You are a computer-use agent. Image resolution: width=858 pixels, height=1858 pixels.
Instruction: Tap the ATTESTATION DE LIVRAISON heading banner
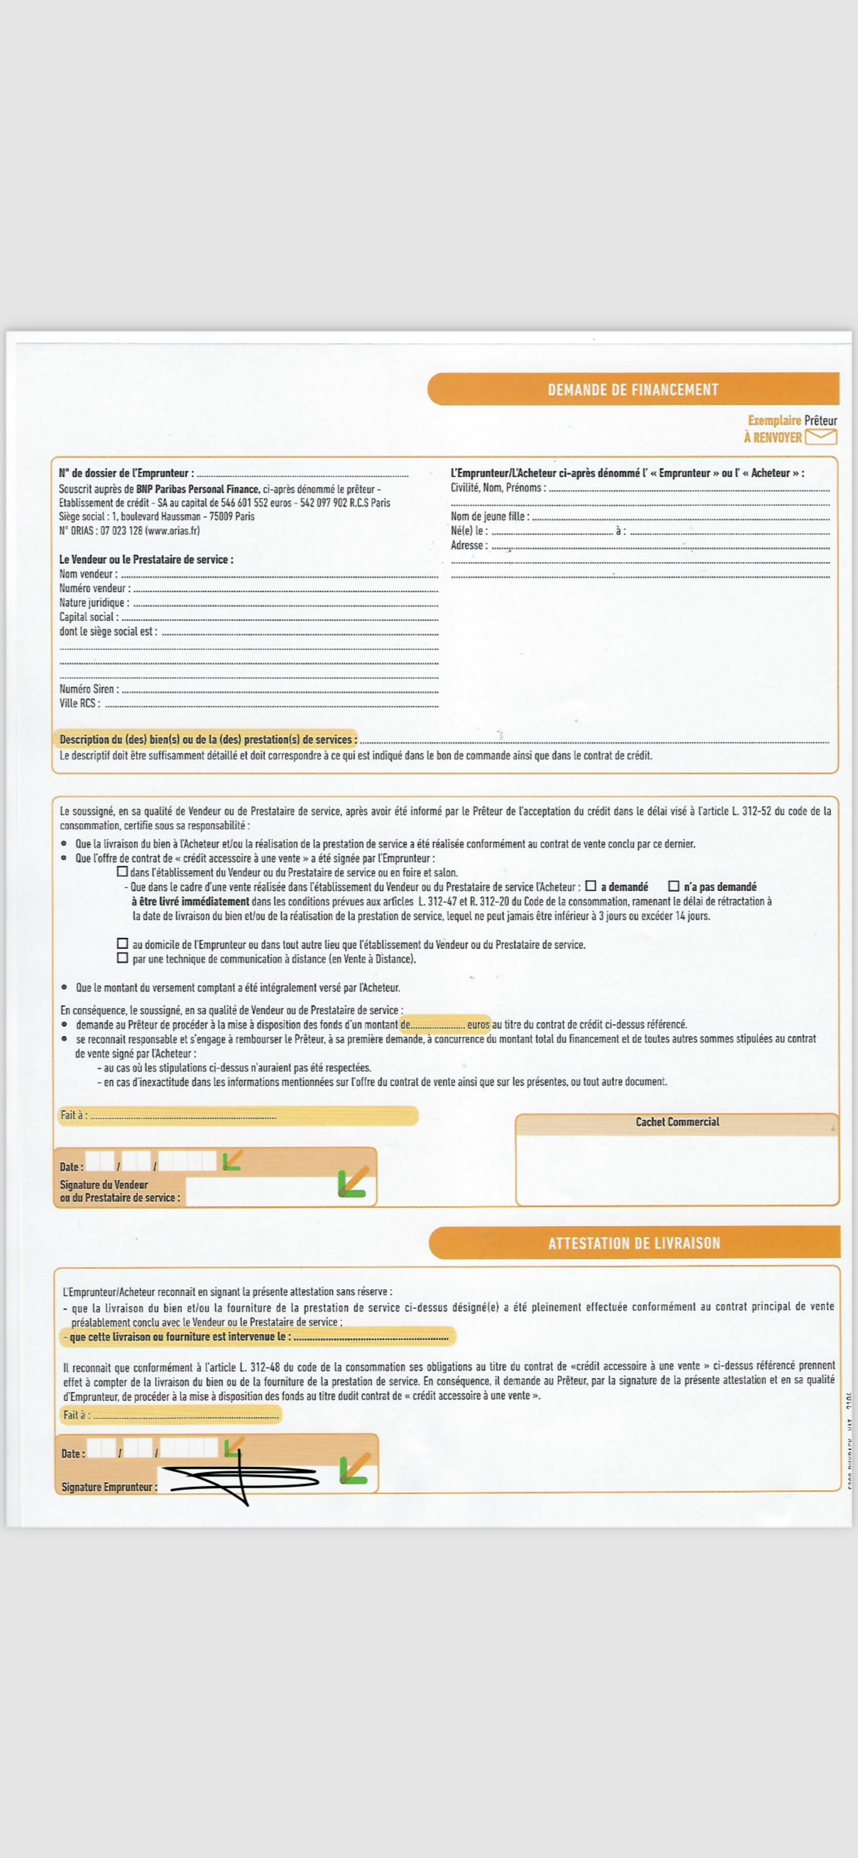coord(634,1243)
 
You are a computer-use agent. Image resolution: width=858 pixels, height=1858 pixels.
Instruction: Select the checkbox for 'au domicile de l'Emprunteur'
coord(123,944)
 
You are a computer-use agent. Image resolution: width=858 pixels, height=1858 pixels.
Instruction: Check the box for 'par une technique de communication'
coord(123,958)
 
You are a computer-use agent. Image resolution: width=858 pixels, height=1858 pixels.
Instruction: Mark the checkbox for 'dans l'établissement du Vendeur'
coord(123,871)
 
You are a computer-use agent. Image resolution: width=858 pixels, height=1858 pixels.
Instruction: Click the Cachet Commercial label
coord(677,1122)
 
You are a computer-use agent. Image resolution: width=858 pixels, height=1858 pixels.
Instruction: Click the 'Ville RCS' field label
coord(79,703)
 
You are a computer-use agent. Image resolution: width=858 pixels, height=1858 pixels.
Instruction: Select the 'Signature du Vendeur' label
coord(104,1184)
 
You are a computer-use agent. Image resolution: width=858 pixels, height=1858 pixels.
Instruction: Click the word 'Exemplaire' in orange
coord(773,421)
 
